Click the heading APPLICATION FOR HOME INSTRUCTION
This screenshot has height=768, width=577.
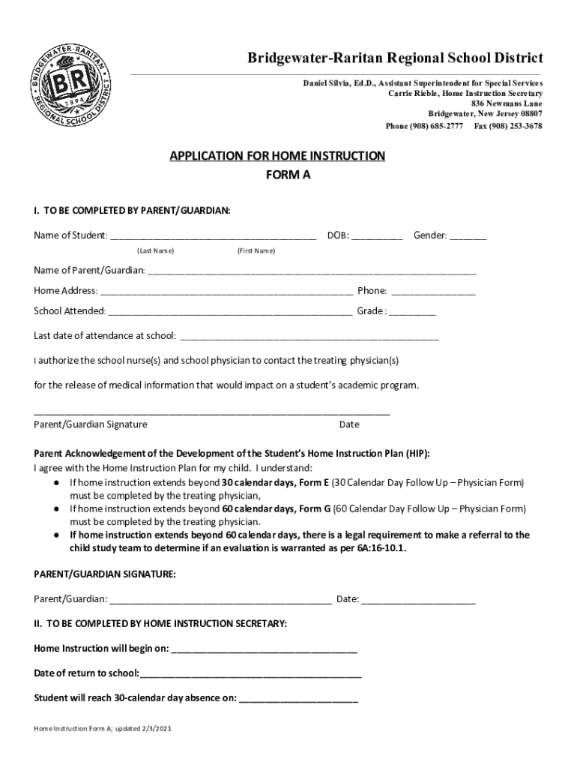[277, 156]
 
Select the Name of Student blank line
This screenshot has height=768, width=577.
[213, 236]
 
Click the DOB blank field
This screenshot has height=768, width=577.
[377, 236]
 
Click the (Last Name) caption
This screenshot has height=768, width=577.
[155, 250]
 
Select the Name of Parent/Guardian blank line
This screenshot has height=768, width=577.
[312, 271]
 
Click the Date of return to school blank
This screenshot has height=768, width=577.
[250, 673]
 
